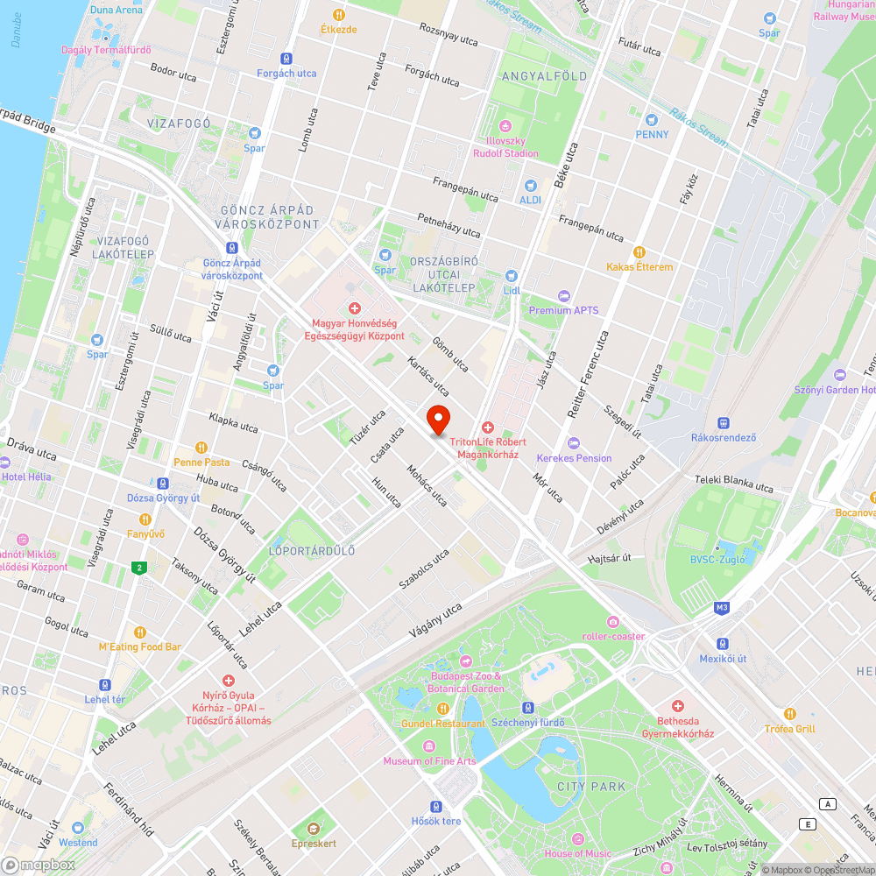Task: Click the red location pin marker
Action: tap(437, 419)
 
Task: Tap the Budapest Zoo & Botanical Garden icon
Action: tap(465, 661)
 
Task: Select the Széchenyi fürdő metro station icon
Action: tap(527, 707)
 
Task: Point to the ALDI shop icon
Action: tap(530, 186)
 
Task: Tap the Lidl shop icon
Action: tap(512, 275)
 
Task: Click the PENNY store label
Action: tap(652, 134)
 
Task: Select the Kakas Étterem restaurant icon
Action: tap(639, 252)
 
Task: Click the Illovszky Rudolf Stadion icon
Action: tap(505, 125)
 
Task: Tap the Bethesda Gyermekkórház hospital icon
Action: tap(677, 706)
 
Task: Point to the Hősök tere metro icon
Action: tap(436, 806)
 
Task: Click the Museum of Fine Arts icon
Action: tap(429, 746)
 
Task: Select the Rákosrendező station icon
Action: tap(724, 422)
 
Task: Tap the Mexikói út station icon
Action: tap(723, 643)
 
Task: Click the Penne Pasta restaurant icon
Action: tap(201, 447)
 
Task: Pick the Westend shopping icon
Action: tap(78, 827)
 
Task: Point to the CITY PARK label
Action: tap(592, 787)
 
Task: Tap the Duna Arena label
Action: tap(116, 10)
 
